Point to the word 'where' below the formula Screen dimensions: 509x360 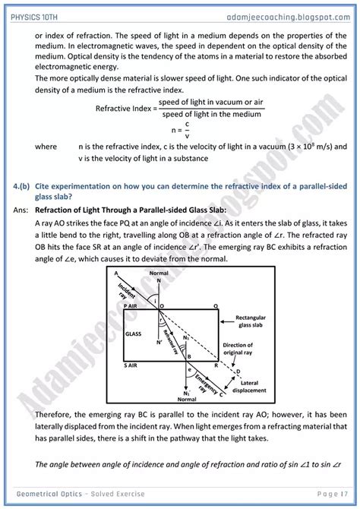click(46, 147)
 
